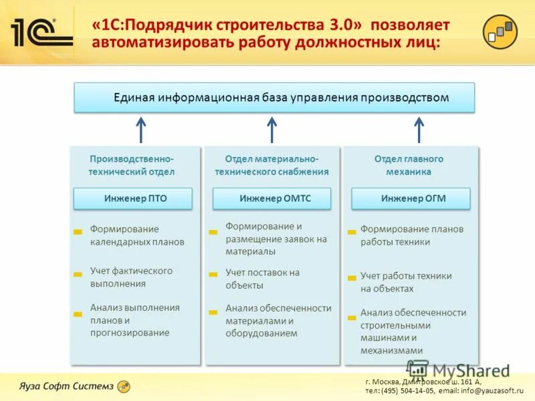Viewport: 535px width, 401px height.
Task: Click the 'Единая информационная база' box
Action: pos(274,98)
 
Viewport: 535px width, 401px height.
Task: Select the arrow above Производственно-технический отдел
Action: pos(141,130)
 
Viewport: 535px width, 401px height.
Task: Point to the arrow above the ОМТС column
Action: pos(272,130)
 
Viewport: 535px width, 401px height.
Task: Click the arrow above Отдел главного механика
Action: pos(419,130)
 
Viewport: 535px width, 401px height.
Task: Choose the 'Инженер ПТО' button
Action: pos(133,198)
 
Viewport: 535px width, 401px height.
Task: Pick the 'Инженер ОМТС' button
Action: pos(272,198)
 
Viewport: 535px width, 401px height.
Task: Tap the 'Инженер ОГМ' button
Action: pos(411,198)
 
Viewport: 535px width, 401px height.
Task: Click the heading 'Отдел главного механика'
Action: pos(409,165)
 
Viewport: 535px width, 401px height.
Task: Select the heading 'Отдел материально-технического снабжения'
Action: pos(272,165)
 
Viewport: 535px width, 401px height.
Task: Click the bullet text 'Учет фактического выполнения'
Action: pos(131,277)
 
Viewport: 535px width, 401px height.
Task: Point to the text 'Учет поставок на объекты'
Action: pos(262,279)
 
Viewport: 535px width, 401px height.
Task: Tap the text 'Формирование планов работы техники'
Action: pos(411,235)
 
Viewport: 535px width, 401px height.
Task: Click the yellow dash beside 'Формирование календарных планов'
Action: pos(78,232)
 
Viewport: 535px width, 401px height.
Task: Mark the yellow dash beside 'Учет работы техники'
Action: pos(352,277)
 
